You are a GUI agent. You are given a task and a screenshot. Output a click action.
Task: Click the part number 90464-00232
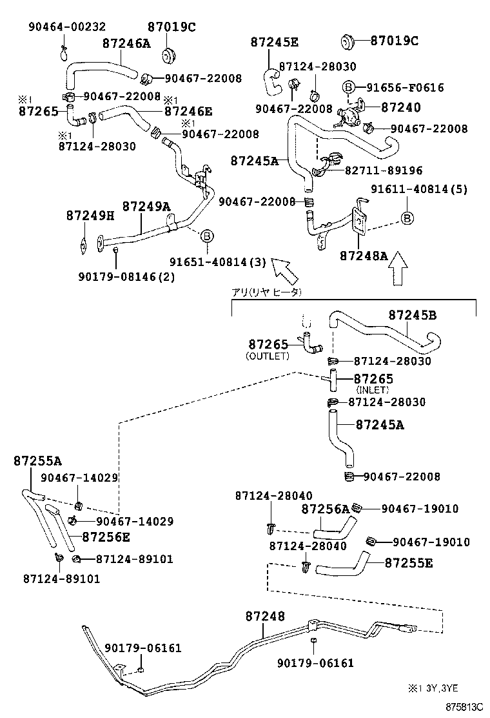pos(67,26)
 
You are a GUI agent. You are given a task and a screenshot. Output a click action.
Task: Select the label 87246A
pos(126,43)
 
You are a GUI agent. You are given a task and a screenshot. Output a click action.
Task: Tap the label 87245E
pos(274,43)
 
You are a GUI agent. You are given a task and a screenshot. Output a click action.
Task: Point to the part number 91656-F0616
pos(406,88)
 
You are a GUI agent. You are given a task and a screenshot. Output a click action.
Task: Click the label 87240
pos(400,108)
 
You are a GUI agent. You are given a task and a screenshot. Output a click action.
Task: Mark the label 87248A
pos(364,256)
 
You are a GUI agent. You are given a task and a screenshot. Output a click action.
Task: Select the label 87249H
pos(90,215)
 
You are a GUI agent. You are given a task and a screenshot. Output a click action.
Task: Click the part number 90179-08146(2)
pos(126,277)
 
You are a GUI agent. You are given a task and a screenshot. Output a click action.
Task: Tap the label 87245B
pos(413,316)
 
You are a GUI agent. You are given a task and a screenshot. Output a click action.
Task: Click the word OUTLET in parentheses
pos(268,356)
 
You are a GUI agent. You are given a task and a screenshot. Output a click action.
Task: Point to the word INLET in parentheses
pos(373,390)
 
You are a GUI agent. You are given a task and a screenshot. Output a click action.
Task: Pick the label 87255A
pos(37,461)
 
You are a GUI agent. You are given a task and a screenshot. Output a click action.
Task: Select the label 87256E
pos(106,537)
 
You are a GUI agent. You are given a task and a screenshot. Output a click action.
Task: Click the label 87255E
pos(409,563)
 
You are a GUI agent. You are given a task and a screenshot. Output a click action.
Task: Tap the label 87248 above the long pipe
pos(264,617)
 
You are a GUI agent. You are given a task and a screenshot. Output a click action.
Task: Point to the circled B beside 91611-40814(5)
pos(407,218)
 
